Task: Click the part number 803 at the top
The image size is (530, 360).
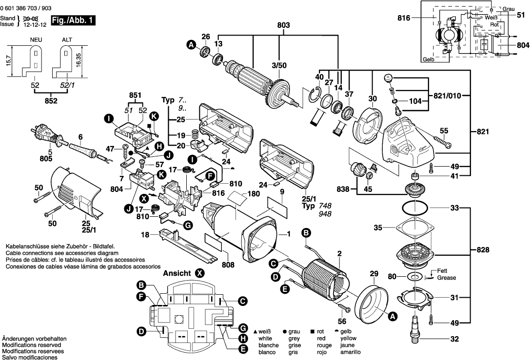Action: tap(283, 25)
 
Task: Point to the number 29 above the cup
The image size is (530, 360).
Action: tap(374, 274)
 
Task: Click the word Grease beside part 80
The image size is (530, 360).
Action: tap(447, 278)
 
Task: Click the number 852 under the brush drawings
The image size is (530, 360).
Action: tap(51, 101)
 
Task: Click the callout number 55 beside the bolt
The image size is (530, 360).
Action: tap(444, 131)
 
